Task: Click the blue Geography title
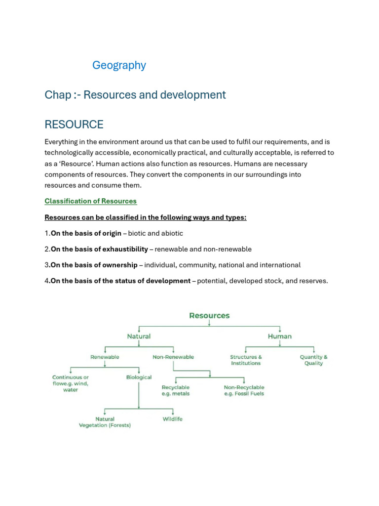[119, 65]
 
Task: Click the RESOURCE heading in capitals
[74, 125]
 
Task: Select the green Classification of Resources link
[90, 201]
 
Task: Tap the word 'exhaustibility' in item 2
[124, 249]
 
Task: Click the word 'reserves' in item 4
[312, 281]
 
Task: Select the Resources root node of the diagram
[209, 316]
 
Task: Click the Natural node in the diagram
[139, 337]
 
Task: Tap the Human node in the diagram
[279, 337]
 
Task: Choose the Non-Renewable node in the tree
[173, 357]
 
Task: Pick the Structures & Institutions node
[246, 360]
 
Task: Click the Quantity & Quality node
[313, 360]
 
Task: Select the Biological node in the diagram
[139, 378]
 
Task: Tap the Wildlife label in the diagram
[173, 419]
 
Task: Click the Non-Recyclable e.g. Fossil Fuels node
[244, 390]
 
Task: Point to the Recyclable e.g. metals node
[175, 390]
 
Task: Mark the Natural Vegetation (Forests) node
[105, 422]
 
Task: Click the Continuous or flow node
[71, 383]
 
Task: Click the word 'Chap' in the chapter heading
[57, 95]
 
